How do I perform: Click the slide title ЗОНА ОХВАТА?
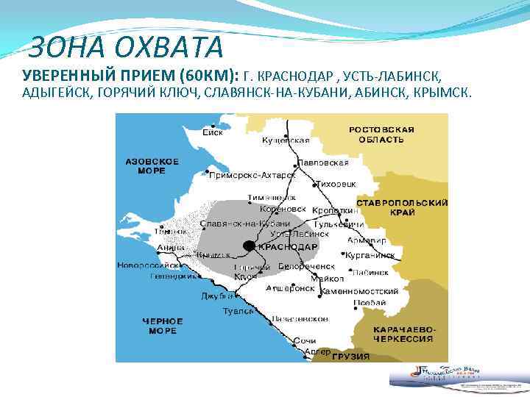[x=124, y=47]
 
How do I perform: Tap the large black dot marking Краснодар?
[x=250, y=246]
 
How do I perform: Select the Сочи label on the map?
[x=304, y=341]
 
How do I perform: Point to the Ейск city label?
[x=213, y=133]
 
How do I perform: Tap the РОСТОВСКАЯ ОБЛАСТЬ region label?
[x=381, y=134]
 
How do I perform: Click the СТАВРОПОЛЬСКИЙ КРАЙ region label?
[x=403, y=207]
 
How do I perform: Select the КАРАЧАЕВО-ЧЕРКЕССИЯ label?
[x=402, y=332]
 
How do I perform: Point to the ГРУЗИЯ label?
[x=350, y=356]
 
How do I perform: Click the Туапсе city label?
[x=238, y=311]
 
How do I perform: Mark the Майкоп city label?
[x=327, y=279]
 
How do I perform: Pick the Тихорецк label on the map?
[x=335, y=183]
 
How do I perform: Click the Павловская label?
[x=323, y=162]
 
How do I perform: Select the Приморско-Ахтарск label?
[x=252, y=176]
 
